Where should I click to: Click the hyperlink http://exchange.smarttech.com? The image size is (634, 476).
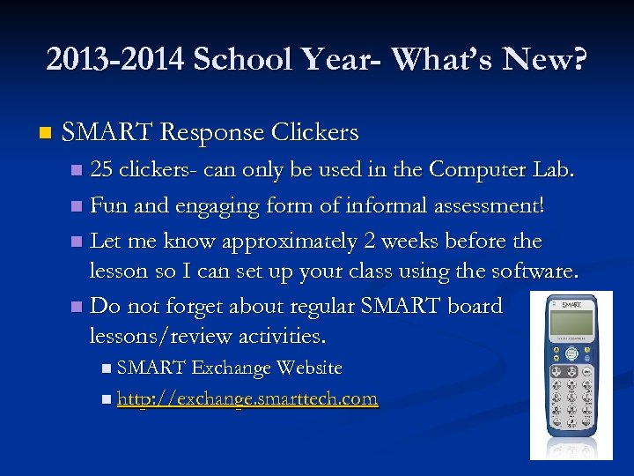pyautogui.click(x=247, y=398)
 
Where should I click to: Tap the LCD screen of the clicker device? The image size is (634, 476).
pyautogui.click(x=570, y=325)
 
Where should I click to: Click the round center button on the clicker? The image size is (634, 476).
pyautogui.click(x=571, y=354)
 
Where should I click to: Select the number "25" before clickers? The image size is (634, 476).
pyautogui.click(x=101, y=169)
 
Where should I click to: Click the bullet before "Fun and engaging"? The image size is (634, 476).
pyautogui.click(x=77, y=206)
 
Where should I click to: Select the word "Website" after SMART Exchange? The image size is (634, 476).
pyautogui.click(x=308, y=367)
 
